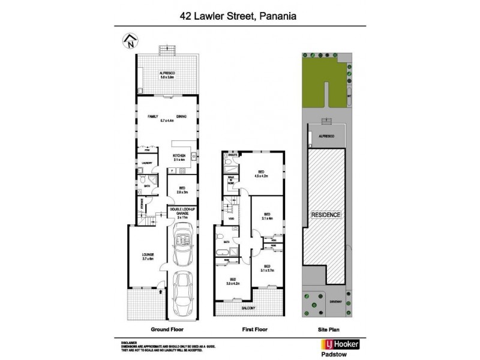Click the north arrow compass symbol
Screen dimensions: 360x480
(130, 42)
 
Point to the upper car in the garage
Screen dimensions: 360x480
(182, 245)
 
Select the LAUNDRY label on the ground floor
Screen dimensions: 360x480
(146, 163)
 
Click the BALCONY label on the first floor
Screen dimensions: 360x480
(249, 308)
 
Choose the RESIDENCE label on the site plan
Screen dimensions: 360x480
(326, 214)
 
